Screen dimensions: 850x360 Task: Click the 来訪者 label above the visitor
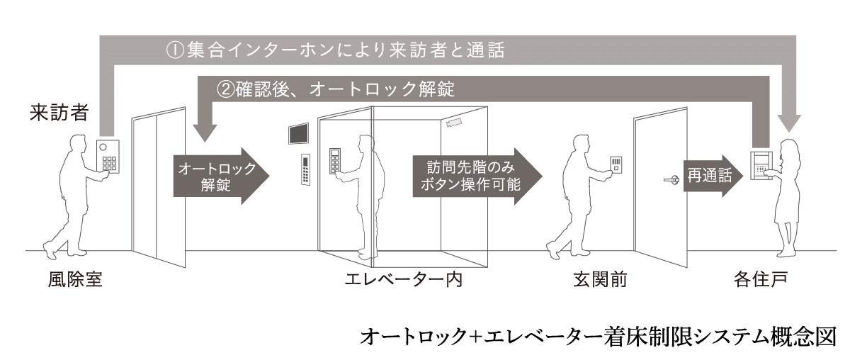(59, 113)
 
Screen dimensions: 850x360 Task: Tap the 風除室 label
(75, 279)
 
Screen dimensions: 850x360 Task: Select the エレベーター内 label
(403, 279)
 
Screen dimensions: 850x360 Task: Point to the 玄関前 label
(600, 279)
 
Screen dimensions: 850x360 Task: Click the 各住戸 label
(761, 279)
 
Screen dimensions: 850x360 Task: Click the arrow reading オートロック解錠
(221, 176)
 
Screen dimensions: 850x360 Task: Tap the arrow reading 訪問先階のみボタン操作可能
(477, 176)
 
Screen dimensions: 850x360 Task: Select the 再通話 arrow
(713, 176)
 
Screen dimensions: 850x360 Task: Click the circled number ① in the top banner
(176, 50)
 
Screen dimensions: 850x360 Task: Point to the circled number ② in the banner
(225, 89)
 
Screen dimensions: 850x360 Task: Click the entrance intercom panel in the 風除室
(108, 157)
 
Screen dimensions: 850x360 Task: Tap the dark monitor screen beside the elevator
(298, 134)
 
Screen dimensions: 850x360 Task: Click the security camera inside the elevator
(454, 123)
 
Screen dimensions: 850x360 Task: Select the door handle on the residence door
(671, 179)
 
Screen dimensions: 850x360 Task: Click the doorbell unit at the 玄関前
(616, 165)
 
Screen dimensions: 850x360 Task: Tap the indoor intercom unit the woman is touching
(761, 166)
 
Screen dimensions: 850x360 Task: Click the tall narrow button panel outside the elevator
(305, 169)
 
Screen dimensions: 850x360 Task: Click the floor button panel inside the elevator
(334, 161)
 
